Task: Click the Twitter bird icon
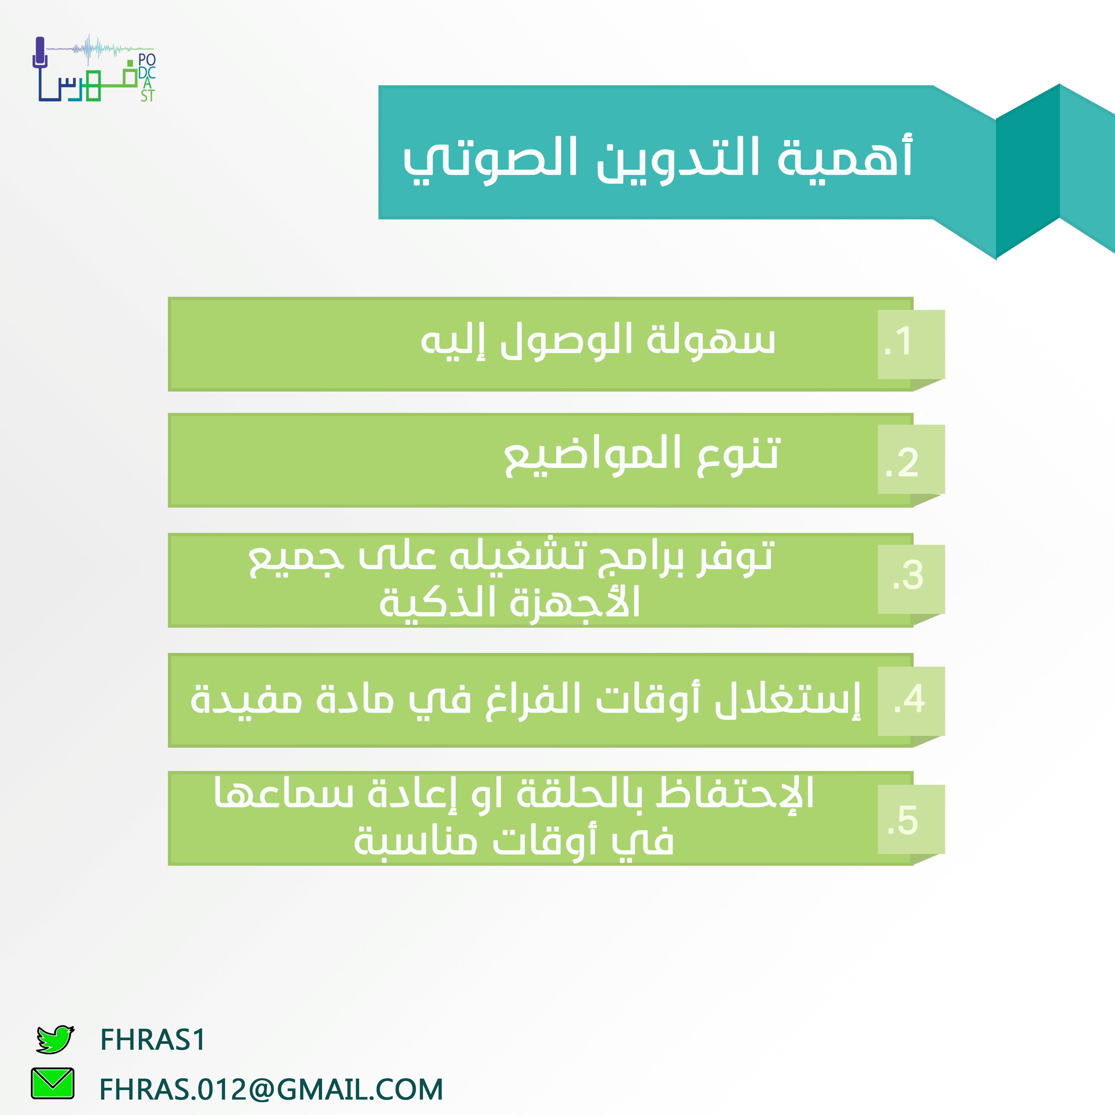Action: tap(55, 1039)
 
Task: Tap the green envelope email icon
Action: tap(52, 1083)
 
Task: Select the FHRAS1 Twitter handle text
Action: tap(153, 1040)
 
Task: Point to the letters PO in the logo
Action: tap(147, 60)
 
